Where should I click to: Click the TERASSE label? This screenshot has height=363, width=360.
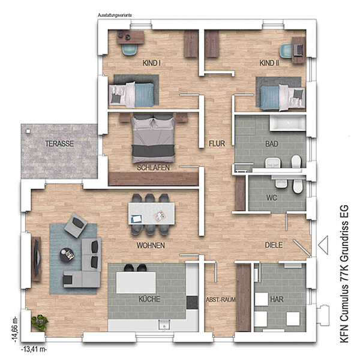pyautogui.click(x=59, y=144)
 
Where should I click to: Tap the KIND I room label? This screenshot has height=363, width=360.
pyautogui.click(x=152, y=63)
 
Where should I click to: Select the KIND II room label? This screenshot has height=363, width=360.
pyautogui.click(x=269, y=63)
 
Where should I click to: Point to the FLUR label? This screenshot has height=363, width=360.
pyautogui.click(x=217, y=143)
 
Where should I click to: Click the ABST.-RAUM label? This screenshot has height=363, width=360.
pyautogui.click(x=221, y=299)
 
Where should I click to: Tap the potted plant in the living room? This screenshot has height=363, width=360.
pyautogui.click(x=40, y=322)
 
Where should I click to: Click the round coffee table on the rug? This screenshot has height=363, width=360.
pyautogui.click(x=67, y=255)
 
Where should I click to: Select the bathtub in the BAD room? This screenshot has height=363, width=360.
pyautogui.click(x=287, y=123)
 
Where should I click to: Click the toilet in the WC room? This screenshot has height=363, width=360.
pyautogui.click(x=298, y=185)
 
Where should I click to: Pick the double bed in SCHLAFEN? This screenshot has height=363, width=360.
pyautogui.click(x=153, y=139)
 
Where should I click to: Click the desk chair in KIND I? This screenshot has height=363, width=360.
pyautogui.click(x=130, y=50)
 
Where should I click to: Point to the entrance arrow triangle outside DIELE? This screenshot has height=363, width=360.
pyautogui.click(x=323, y=245)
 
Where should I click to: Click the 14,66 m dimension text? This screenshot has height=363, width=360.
pyautogui.click(x=15, y=329)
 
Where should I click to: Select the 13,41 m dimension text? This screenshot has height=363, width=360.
pyautogui.click(x=34, y=349)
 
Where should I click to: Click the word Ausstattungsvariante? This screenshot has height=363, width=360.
pyautogui.click(x=115, y=15)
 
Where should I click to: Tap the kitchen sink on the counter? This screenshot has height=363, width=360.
pyautogui.click(x=164, y=325)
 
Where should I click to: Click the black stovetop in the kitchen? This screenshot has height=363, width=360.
pyautogui.click(x=193, y=303)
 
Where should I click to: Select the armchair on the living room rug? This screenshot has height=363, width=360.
pyautogui.click(x=76, y=225)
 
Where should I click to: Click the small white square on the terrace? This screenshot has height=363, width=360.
pyautogui.click(x=28, y=131)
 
